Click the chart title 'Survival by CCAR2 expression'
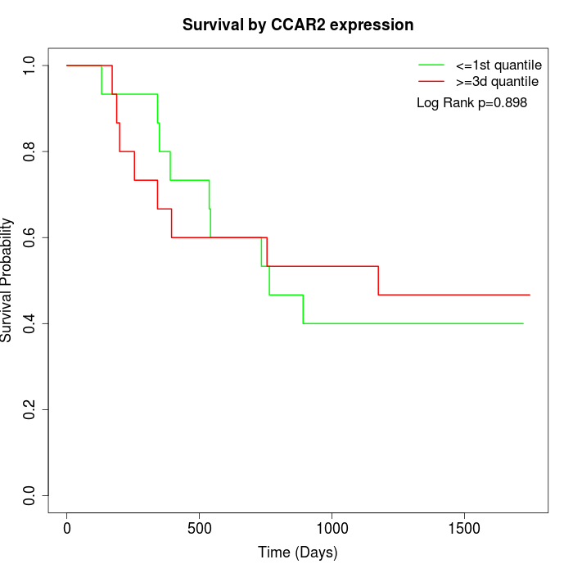pos(298,25)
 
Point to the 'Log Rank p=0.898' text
pos(471,103)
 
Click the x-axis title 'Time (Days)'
pos(298,553)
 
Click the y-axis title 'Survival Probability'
pos(7,280)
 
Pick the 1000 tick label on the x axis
pos(332,529)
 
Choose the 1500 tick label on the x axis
pos(465,529)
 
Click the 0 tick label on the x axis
pos(67,529)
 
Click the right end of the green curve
pos(523,323)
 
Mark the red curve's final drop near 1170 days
pos(378,281)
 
